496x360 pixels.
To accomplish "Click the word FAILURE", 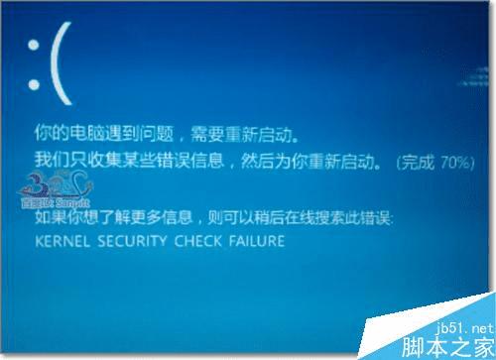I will point(253,241).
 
